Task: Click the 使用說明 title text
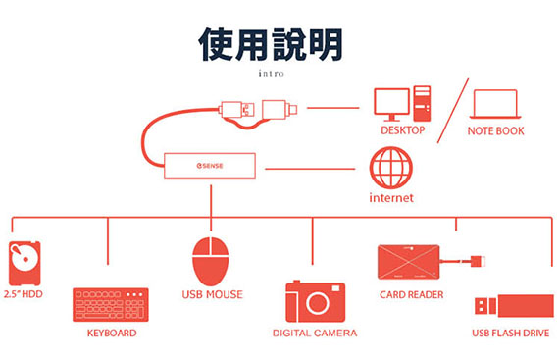click(x=271, y=44)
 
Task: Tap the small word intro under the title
click(x=272, y=73)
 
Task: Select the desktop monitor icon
click(x=391, y=104)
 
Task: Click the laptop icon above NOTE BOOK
click(x=495, y=104)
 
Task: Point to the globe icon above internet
click(x=391, y=168)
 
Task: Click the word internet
click(x=391, y=198)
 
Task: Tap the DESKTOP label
click(x=403, y=130)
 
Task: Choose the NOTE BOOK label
click(x=496, y=131)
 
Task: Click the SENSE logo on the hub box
click(x=210, y=166)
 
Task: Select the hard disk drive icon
click(x=25, y=263)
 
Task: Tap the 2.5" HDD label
click(x=24, y=294)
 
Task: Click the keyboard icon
click(x=111, y=305)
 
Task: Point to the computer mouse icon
click(x=210, y=261)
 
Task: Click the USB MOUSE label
click(x=213, y=294)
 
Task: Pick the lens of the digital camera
click(x=318, y=303)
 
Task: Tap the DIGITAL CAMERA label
click(x=315, y=333)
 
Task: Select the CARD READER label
click(x=412, y=295)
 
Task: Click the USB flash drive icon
click(x=514, y=306)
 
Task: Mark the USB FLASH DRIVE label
click(x=511, y=333)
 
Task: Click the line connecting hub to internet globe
click(x=310, y=169)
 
